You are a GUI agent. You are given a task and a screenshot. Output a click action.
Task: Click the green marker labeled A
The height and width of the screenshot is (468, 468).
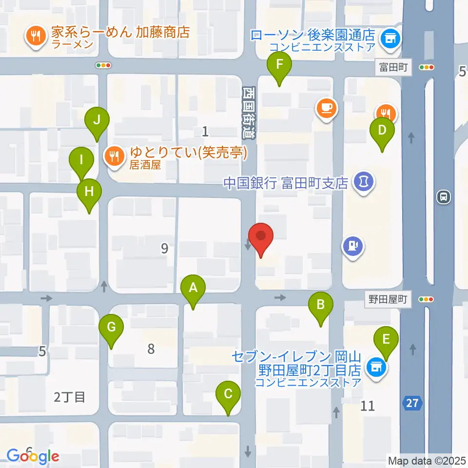pos(193,288)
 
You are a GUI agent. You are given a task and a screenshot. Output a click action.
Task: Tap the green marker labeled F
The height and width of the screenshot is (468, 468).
pos(279,65)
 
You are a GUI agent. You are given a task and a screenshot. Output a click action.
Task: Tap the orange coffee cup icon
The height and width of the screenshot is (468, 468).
pos(327,108)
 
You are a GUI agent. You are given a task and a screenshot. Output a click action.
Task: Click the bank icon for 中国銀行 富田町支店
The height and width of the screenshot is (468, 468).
pos(364,182)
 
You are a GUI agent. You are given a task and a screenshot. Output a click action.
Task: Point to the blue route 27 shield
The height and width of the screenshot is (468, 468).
pos(412,403)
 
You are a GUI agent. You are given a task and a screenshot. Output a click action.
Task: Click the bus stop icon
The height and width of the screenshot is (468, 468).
pos(444,197)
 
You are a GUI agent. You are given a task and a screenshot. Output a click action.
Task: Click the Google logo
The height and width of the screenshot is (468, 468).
pos(33,456)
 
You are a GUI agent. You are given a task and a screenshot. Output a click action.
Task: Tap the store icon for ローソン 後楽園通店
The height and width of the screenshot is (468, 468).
pos(390,36)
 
